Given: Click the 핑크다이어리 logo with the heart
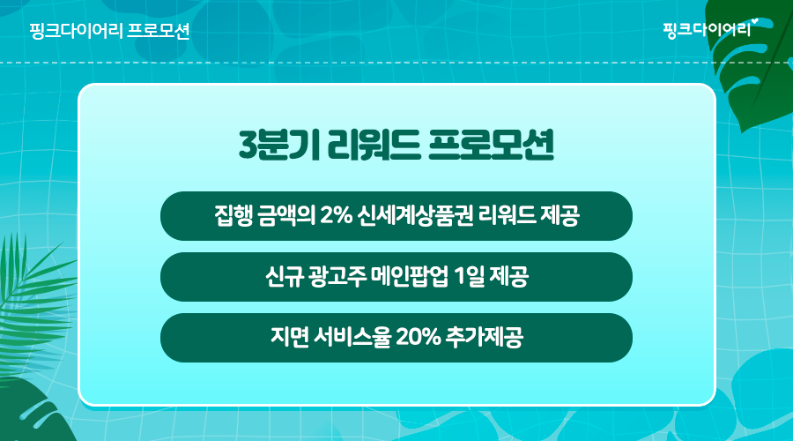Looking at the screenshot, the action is [710, 29].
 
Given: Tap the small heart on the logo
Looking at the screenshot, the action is [755, 21].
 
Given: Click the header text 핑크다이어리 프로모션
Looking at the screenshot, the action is [109, 31].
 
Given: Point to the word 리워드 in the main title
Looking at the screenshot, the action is [374, 146].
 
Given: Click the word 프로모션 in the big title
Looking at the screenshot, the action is [491, 146].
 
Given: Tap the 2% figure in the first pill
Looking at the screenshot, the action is [336, 216].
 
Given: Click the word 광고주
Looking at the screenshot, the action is [337, 277].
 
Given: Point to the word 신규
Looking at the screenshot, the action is [284, 277].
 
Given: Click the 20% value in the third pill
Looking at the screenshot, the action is [419, 337].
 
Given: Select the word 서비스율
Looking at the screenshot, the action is [352, 337].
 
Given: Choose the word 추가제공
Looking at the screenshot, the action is [484, 337].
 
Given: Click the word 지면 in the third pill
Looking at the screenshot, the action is [289, 337].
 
